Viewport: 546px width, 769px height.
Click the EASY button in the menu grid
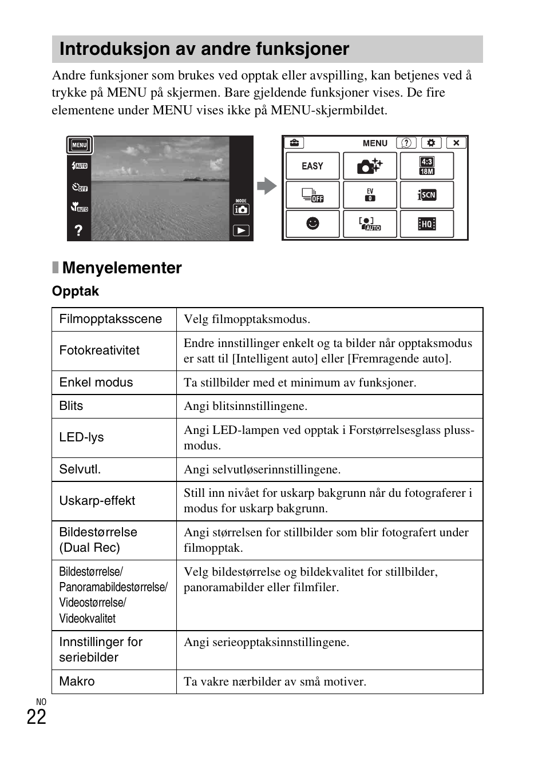pos(312,166)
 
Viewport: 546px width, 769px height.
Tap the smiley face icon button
pos(312,224)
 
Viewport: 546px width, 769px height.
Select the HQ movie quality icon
pos(427,224)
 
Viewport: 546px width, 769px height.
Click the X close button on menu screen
pos(456,143)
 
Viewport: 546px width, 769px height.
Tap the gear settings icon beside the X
pos(431,143)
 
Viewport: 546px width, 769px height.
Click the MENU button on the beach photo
pos(80,145)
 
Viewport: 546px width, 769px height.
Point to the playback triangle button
pos(241,231)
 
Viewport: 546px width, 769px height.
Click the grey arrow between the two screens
pos(267,186)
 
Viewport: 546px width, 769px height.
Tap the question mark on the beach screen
pos(78,230)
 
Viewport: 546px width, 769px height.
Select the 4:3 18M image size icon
pos(427,166)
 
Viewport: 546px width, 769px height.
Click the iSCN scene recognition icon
pos(427,195)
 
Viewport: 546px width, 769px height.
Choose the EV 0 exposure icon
pos(370,195)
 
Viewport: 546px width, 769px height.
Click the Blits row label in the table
pos(72,406)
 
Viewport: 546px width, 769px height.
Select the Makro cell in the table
pos(77,682)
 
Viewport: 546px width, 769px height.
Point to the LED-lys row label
pos(82,437)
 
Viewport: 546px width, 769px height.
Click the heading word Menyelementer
pos(122,268)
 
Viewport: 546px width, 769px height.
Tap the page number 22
pos(37,717)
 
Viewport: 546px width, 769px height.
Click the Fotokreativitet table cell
pos(100,350)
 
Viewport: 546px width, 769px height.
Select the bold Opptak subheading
pos(76,292)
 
